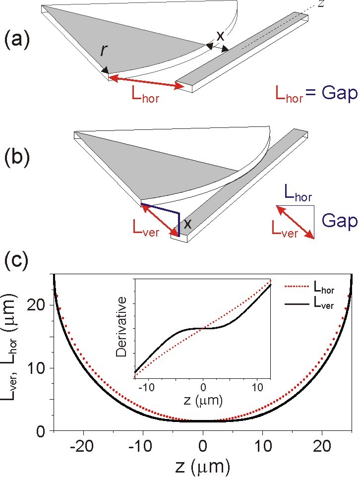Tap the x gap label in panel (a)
point(220,36)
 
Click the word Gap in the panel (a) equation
point(336,93)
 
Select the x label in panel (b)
point(188,223)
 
